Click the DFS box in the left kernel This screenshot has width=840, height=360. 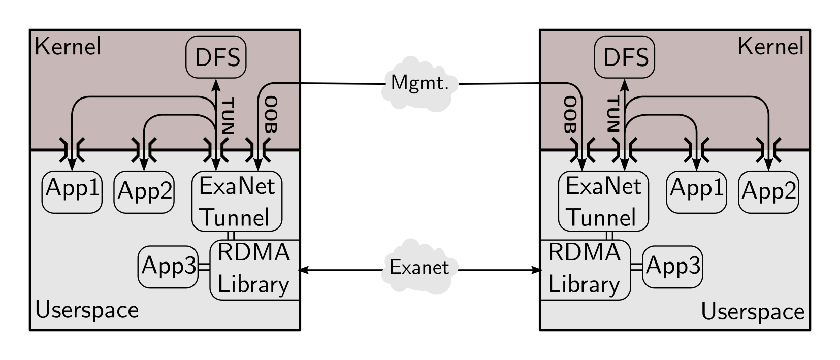pyautogui.click(x=216, y=57)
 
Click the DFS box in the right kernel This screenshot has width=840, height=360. pyautogui.click(x=625, y=57)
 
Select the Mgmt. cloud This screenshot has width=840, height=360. pyautogui.click(x=419, y=84)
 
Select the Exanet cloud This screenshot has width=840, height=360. pyautogui.click(x=419, y=267)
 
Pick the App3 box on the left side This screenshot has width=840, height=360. pyautogui.click(x=168, y=267)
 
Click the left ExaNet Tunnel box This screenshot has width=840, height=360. pyautogui.click(x=237, y=202)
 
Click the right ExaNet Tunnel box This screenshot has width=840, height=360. pyautogui.click(x=603, y=202)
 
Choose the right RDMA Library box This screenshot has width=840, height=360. pyautogui.click(x=585, y=270)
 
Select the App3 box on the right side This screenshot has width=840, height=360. pyautogui.click(x=672, y=267)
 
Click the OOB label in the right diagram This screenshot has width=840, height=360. pyautogui.click(x=570, y=114)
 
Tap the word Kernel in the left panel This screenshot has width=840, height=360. pyautogui.click(x=68, y=47)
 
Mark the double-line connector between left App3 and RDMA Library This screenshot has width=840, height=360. pyautogui.click(x=204, y=267)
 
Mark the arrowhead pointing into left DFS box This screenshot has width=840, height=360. pyautogui.click(x=216, y=83)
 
